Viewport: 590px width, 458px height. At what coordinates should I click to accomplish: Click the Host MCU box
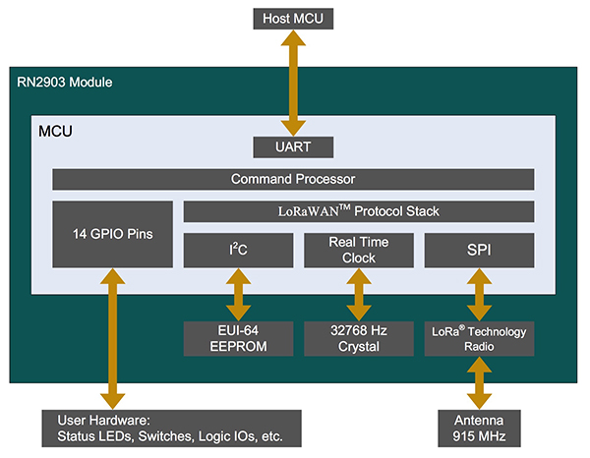pyautogui.click(x=291, y=18)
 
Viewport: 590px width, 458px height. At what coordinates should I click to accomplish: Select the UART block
pyautogui.click(x=291, y=147)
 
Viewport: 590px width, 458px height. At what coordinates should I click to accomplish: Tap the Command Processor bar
pyautogui.click(x=292, y=179)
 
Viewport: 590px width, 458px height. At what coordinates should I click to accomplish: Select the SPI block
pyautogui.click(x=480, y=250)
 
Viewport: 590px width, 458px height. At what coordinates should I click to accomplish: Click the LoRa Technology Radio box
pyautogui.click(x=480, y=339)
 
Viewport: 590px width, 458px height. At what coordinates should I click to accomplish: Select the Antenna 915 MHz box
pyautogui.click(x=480, y=428)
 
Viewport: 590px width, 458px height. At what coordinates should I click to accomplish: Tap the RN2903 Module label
pyautogui.click(x=64, y=82)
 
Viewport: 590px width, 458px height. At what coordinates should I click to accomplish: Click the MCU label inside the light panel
pyautogui.click(x=58, y=130)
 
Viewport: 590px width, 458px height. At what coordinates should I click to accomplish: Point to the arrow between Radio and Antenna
pyautogui.click(x=480, y=383)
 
